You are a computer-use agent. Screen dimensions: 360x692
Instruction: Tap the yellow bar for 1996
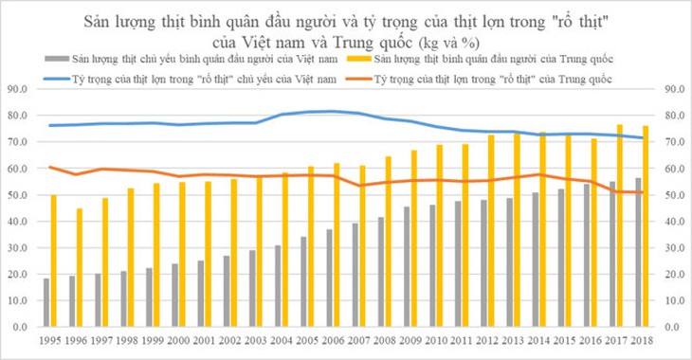pyautogui.click(x=80, y=267)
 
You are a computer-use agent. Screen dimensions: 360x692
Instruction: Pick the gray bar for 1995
pyautogui.click(x=46, y=302)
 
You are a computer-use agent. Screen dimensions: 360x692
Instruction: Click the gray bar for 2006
pyautogui.click(x=329, y=278)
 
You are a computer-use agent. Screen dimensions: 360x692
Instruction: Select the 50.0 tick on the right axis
pyautogui.click(x=675, y=195)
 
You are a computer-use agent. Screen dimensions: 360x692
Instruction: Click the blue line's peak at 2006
pyautogui.click(x=329, y=112)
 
